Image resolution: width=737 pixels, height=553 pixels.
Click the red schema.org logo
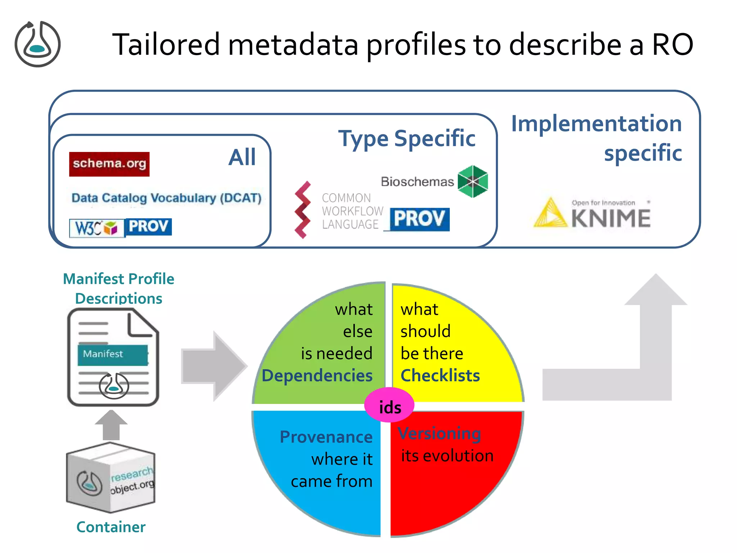click(x=109, y=164)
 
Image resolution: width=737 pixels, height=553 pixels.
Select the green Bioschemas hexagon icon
click(x=473, y=181)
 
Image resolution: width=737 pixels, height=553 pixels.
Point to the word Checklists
click(x=440, y=376)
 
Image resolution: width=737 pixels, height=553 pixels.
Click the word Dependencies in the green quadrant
click(x=317, y=376)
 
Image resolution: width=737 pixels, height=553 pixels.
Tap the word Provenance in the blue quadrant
click(x=326, y=437)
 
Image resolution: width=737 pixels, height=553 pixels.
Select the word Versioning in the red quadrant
click(x=439, y=433)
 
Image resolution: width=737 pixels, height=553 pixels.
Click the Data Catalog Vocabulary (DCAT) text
click(x=166, y=198)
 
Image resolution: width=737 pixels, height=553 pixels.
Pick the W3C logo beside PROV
click(x=96, y=228)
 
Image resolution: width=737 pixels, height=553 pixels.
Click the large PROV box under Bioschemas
click(x=419, y=219)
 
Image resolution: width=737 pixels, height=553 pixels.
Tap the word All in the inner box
click(x=242, y=157)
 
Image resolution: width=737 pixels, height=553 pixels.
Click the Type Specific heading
click(x=407, y=139)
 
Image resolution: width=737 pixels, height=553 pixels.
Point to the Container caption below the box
click(x=111, y=527)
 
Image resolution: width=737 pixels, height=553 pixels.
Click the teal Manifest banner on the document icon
click(x=113, y=355)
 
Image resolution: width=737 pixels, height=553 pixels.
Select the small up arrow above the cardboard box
click(x=111, y=425)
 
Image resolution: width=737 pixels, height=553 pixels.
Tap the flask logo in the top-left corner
click(x=38, y=44)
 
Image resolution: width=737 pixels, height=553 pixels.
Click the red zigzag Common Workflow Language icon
click(x=302, y=210)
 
